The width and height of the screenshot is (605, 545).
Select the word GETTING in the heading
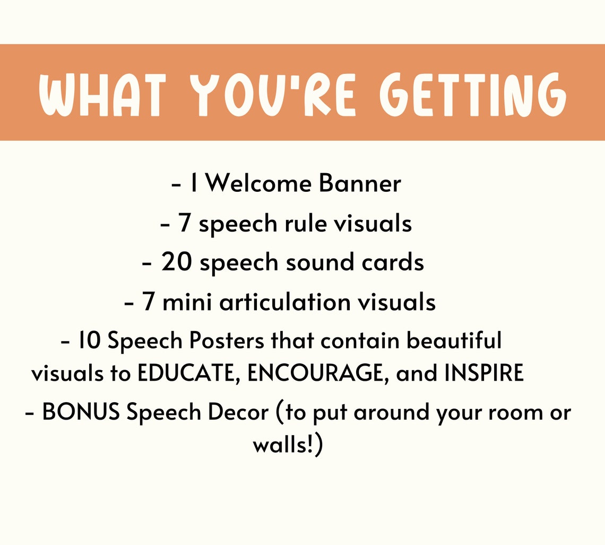point(473,96)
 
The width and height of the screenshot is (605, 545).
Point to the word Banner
point(360,184)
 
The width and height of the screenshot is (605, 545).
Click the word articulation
point(284,302)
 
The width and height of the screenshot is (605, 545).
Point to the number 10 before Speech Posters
point(90,340)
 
